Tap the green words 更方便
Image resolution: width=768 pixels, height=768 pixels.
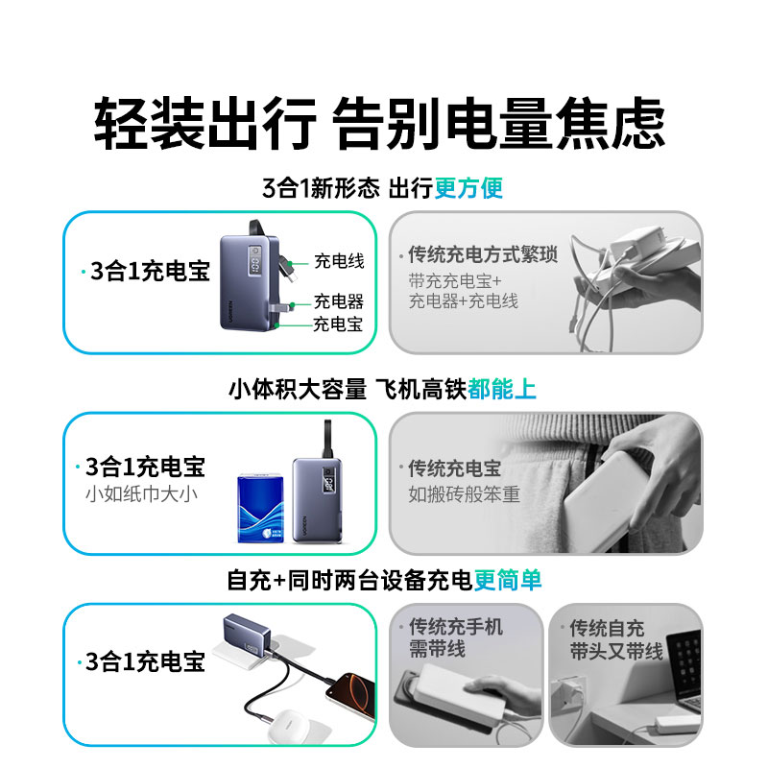tap(468, 187)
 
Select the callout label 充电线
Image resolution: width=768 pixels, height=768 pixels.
tap(339, 261)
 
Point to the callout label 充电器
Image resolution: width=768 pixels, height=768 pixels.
tap(339, 301)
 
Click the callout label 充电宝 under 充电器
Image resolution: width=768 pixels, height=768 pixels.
tap(337, 324)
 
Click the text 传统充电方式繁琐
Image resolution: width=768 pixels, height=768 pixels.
tap(482, 256)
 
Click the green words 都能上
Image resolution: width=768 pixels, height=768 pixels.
tap(502, 389)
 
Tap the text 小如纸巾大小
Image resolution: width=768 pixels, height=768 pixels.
tap(141, 495)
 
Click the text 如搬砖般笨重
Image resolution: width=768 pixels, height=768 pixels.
tap(464, 495)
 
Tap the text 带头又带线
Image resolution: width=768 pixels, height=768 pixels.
tap(615, 652)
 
